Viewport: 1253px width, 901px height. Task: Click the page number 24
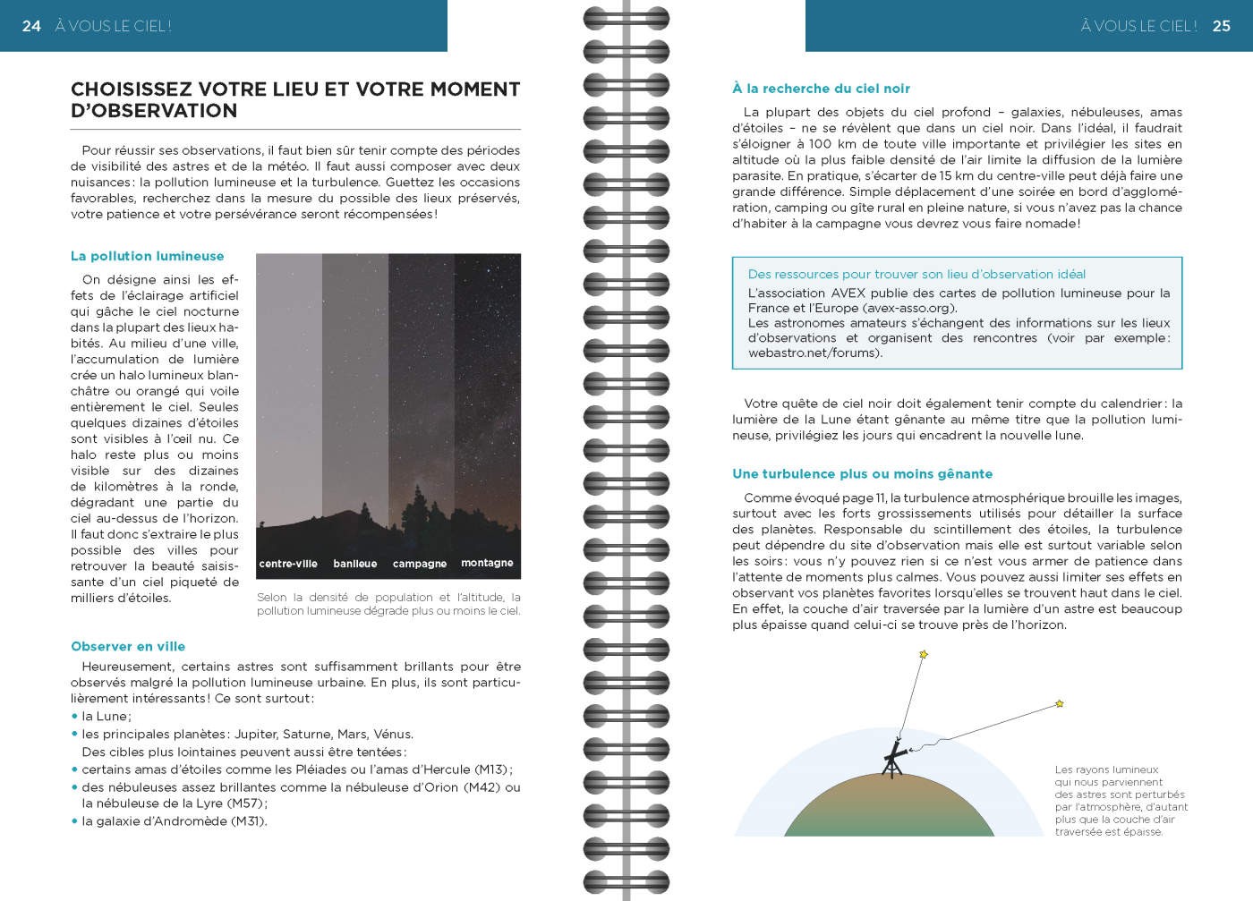31,26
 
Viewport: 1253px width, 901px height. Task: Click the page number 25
1222,26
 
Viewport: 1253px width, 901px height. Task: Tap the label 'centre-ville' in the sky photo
288,564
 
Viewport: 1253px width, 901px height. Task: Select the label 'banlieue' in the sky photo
355,564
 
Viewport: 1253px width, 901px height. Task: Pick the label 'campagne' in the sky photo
420,564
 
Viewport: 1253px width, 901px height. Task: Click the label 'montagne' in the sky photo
487,563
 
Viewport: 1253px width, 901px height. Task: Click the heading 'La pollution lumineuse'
148,256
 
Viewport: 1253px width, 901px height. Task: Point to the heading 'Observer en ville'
128,646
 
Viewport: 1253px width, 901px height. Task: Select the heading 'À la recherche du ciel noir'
821,89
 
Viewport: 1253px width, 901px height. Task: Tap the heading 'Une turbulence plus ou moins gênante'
862,474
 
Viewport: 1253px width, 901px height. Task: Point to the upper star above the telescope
924,655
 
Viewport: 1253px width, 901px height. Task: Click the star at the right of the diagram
1059,704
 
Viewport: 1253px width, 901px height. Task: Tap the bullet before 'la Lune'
75,717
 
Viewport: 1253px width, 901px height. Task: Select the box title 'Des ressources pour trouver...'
916,275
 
